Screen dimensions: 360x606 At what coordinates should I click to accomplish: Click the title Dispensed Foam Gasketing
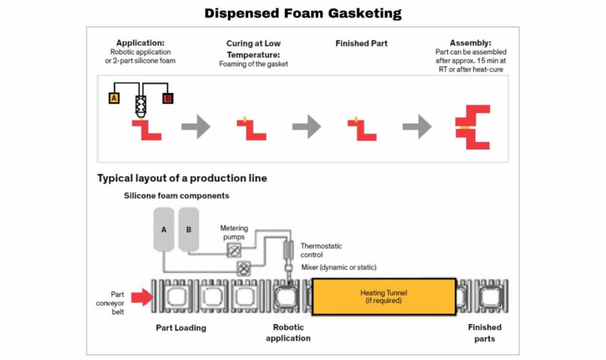pos(302,13)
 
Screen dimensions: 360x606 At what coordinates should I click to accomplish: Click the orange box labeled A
pos(114,98)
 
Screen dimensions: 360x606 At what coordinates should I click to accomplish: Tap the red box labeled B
pos(167,98)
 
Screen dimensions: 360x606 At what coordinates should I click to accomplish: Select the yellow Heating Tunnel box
pos(383,296)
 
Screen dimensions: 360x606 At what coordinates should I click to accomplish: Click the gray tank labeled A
pos(163,229)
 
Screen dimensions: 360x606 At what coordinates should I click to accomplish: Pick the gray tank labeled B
pos(189,229)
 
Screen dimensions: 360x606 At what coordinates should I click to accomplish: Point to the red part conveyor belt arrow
pos(142,297)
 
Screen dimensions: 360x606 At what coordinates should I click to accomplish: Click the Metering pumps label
pos(234,232)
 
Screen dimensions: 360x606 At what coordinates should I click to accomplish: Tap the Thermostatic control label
pos(321,250)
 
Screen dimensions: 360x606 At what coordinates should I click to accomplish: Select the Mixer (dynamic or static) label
pos(339,267)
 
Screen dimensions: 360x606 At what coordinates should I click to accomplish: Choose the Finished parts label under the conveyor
pos(484,333)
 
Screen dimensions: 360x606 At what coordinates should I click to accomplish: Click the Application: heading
pos(140,43)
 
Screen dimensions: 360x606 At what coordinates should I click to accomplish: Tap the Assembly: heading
pos(470,43)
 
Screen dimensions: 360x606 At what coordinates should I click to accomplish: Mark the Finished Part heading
pos(361,43)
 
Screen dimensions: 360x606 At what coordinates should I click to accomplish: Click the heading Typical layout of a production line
pos(182,178)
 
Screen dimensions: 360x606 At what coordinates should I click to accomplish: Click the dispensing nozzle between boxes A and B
pos(141,105)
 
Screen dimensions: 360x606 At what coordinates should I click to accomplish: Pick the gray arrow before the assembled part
pos(417,127)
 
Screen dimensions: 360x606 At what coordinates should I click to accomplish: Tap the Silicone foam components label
pos(176,196)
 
